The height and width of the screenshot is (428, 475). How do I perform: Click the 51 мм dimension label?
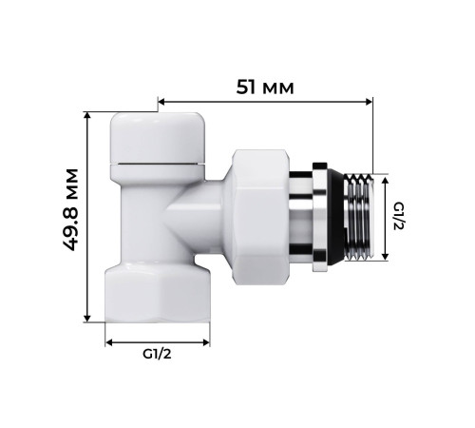[265, 87]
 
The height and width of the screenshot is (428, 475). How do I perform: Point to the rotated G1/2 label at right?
[400, 216]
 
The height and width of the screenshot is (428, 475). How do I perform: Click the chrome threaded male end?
[358, 217]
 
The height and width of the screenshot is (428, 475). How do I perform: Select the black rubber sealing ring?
[325, 217]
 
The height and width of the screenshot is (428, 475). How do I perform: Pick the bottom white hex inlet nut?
[158, 291]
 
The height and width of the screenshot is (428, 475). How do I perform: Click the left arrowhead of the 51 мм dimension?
[161, 100]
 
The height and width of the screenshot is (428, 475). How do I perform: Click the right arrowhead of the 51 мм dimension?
[370, 100]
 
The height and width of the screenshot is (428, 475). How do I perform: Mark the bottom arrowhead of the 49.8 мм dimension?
[88, 319]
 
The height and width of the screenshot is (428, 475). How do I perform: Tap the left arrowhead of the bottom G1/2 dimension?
[108, 340]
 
